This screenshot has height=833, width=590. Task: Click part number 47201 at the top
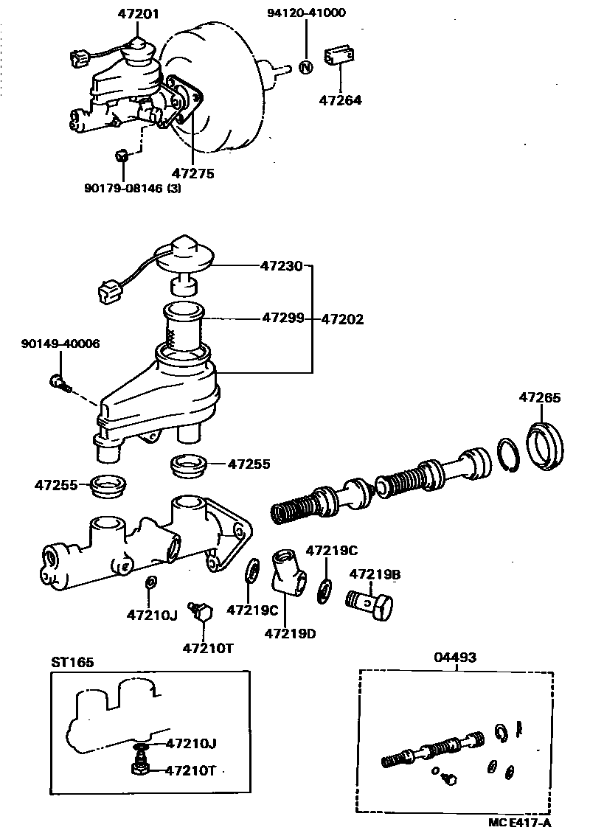[x=138, y=13]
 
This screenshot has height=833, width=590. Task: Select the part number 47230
[x=281, y=265]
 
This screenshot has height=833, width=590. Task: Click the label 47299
[x=282, y=318]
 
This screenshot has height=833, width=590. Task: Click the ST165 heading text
[x=72, y=662]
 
